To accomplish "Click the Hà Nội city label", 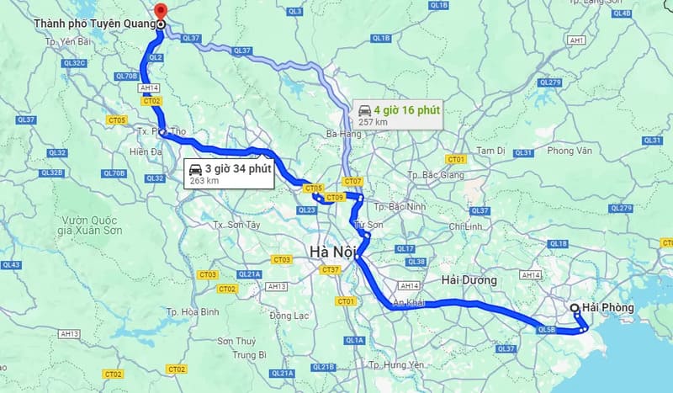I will pos(333,251).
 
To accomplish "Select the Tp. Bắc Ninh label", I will pos(398,206).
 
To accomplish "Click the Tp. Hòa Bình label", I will pos(200,311).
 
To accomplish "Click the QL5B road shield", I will pos(546,330).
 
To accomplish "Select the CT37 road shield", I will pos(329,270).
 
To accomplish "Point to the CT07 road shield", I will pos(352,182).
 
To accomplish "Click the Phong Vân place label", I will pos(571,151).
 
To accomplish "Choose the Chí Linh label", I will pos(464,227).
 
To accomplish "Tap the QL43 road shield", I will pos(11,265).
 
